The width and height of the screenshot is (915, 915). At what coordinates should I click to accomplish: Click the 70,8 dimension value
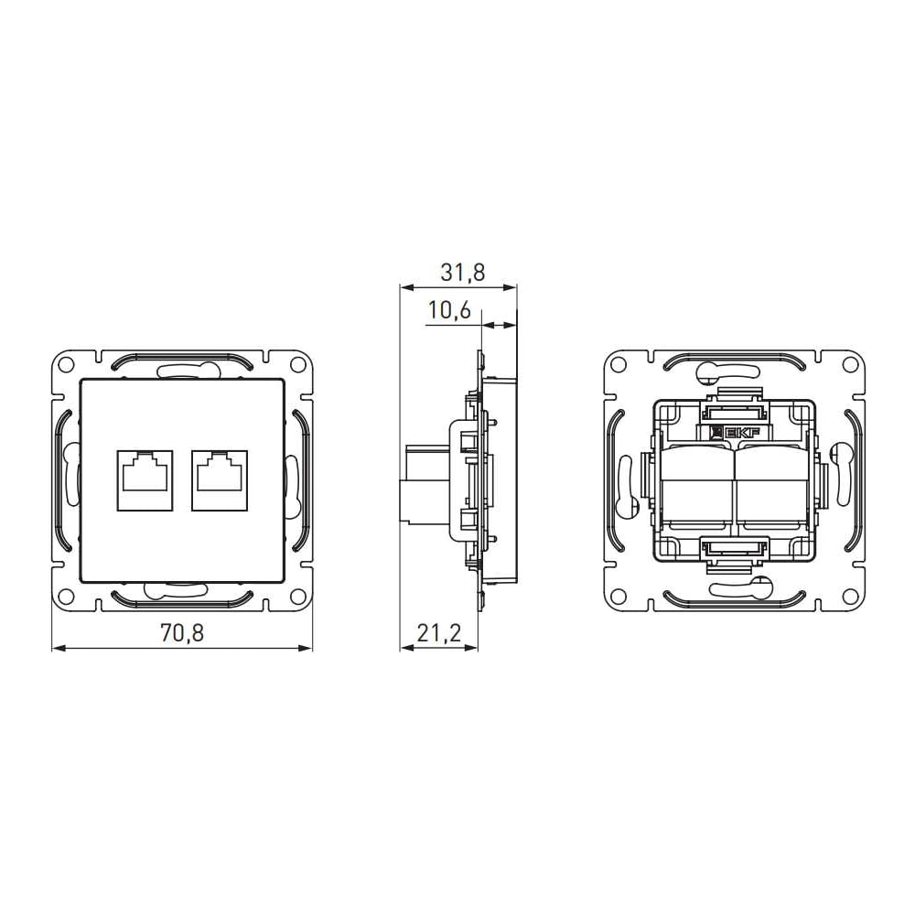tap(182, 632)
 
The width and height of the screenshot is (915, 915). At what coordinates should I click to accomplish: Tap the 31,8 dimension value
tap(463, 272)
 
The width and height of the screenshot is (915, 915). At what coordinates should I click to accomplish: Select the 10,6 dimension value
tap(449, 310)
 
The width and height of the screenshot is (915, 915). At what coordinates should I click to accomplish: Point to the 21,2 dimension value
tap(439, 632)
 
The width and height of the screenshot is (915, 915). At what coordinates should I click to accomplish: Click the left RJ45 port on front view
tap(145, 480)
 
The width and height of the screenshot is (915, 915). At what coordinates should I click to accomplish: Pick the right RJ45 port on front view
tap(220, 480)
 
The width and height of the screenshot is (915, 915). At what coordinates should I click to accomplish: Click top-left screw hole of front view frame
tap(67, 364)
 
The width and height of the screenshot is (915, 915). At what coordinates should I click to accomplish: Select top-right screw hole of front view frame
tap(298, 364)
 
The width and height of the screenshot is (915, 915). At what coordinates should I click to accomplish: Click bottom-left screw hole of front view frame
tap(67, 597)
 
